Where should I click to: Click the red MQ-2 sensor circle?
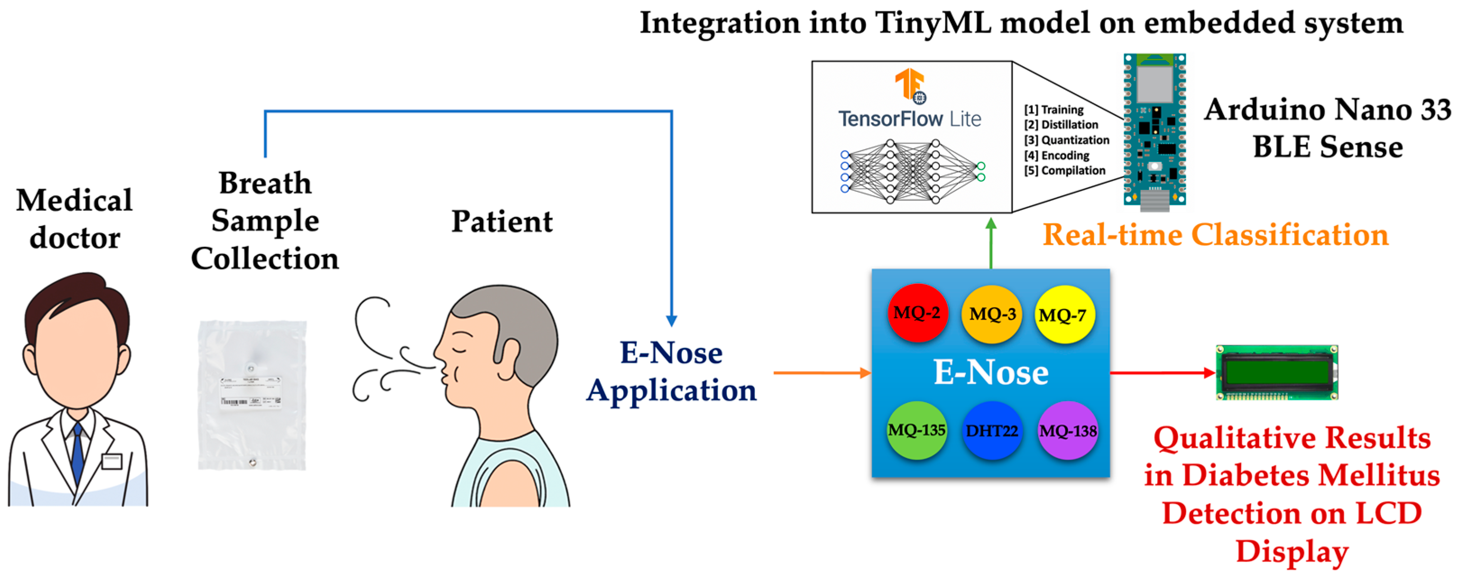pos(917,313)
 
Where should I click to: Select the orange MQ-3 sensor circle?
pos(992,314)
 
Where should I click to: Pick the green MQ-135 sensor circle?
pos(916,430)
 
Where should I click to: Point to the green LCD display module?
pos(1277,373)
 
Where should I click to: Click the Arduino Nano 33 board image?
pos(1154,130)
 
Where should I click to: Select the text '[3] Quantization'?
pos(1066,140)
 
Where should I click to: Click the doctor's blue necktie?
pos(78,453)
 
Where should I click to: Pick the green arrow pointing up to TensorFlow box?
pos(991,244)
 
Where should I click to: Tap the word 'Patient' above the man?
pos(502,222)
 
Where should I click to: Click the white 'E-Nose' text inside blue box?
pos(991,373)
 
